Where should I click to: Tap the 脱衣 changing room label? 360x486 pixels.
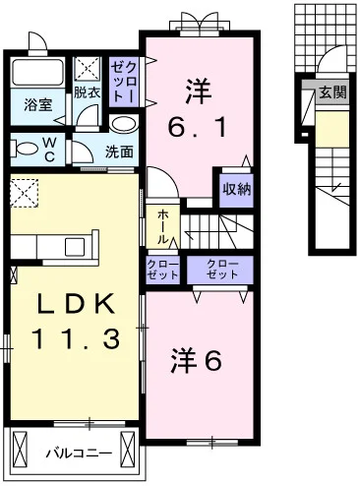pyautogui.click(x=87, y=93)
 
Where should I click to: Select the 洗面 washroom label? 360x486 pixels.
pyautogui.click(x=119, y=152)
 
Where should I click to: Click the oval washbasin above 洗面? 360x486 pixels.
pyautogui.click(x=123, y=125)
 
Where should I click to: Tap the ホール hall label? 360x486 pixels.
pyautogui.click(x=161, y=225)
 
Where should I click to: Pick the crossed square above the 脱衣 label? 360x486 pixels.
pyautogui.click(x=89, y=69)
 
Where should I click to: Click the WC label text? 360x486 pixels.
pyautogui.click(x=46, y=148)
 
